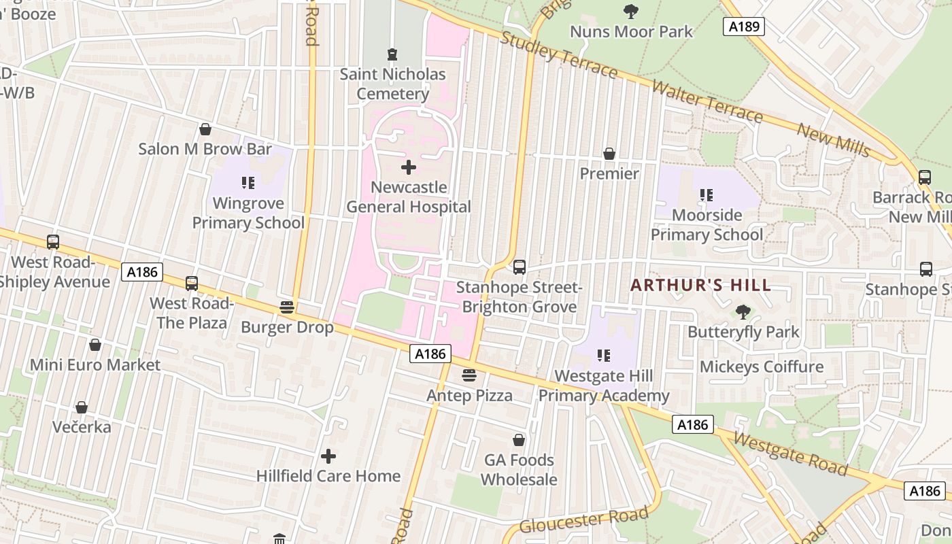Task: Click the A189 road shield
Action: [x=743, y=27]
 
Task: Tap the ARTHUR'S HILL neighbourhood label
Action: [x=700, y=285]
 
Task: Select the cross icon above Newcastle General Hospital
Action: [x=409, y=167]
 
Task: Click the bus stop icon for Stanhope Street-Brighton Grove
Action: [x=520, y=267]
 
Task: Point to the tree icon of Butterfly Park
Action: [x=743, y=312]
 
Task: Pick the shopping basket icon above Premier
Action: [x=609, y=154]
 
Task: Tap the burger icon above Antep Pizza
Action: [x=469, y=375]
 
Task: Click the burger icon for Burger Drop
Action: [x=287, y=307]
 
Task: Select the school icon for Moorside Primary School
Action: [x=707, y=196]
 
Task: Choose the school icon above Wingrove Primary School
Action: [x=248, y=183]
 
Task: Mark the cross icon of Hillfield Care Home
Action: [x=328, y=456]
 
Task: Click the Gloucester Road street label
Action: [x=583, y=520]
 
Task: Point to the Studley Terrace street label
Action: [x=559, y=54]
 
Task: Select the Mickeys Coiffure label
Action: [x=762, y=367]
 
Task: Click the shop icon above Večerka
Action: [x=82, y=408]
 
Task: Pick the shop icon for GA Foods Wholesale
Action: [x=519, y=441]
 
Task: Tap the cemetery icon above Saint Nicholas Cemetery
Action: [x=392, y=54]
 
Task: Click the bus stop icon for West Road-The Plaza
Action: [x=192, y=284]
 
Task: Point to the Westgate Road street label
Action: [x=791, y=454]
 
